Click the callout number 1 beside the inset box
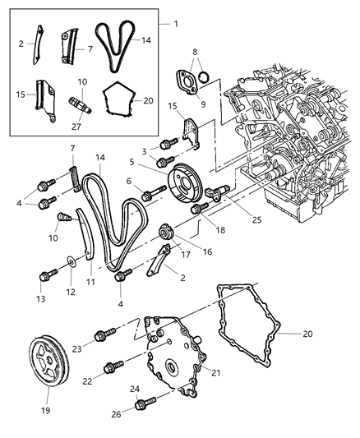coord(175,24)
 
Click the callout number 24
coord(135,390)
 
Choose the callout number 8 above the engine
coord(193,52)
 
